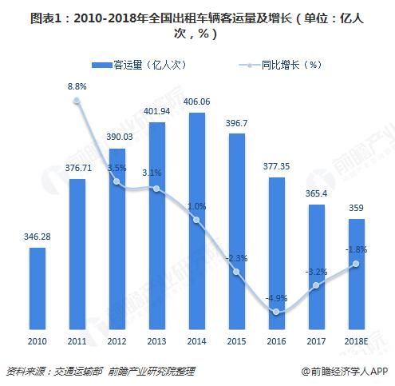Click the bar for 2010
pyautogui.click(x=37, y=288)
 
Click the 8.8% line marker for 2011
pyautogui.click(x=77, y=101)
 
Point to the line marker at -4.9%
pyautogui.click(x=276, y=312)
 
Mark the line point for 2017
pyautogui.click(x=316, y=285)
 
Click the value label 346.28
pyautogui.click(x=37, y=238)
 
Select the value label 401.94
pyautogui.click(x=156, y=111)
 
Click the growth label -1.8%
pyautogui.click(x=356, y=249)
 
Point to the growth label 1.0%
pyautogui.click(x=196, y=205)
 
